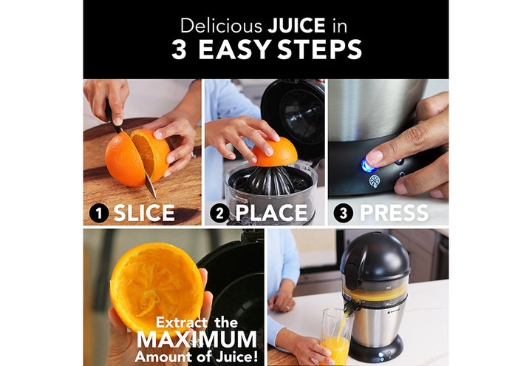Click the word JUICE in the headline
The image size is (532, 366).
(296, 25)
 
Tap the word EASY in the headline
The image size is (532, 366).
(234, 50)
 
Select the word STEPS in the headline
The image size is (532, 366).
(320, 50)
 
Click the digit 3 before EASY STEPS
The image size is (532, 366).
(179, 50)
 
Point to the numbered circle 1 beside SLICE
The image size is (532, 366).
(99, 213)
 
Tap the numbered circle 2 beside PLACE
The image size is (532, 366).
(219, 213)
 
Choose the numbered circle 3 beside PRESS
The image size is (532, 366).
(343, 213)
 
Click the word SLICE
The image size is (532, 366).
(144, 213)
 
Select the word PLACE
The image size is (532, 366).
(271, 213)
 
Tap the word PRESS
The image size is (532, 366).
(394, 213)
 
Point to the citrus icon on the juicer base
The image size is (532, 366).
(375, 181)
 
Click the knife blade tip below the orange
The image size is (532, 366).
(155, 197)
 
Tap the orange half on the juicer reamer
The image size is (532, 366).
(274, 152)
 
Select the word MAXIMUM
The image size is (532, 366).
(197, 339)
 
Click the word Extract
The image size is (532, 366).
(182, 322)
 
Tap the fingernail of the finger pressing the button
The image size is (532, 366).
(375, 157)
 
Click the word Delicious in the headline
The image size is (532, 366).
(221, 25)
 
